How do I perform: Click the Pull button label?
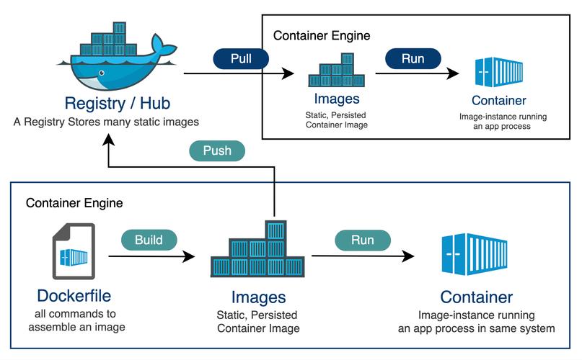click(x=241, y=58)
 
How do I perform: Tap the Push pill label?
click(x=216, y=151)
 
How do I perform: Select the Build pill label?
click(x=148, y=240)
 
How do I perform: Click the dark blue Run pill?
click(x=413, y=58)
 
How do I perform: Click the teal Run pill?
click(x=361, y=240)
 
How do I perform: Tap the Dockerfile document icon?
click(x=73, y=251)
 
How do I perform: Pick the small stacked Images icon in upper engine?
click(x=336, y=71)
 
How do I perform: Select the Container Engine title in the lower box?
click(x=74, y=203)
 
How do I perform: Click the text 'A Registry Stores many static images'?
click(x=106, y=122)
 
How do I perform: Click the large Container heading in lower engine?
click(x=476, y=297)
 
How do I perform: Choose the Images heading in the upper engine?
click(x=336, y=99)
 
